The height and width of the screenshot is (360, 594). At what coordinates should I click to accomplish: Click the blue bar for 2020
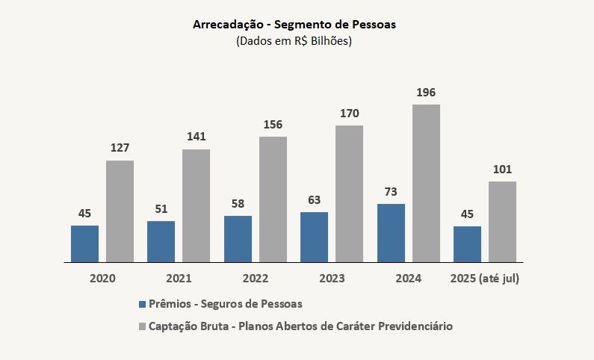tap(84, 243)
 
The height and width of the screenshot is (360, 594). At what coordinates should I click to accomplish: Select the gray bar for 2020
tap(120, 211)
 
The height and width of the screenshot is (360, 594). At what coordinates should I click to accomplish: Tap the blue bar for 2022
tap(238, 239)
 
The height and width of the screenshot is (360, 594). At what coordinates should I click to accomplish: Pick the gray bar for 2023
tap(349, 193)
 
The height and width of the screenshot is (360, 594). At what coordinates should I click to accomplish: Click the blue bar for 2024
tap(391, 233)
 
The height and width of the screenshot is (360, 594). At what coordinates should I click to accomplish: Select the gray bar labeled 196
tap(426, 183)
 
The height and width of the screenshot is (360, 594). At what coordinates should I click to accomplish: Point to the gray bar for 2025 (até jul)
tap(502, 222)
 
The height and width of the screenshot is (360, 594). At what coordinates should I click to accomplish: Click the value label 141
tap(196, 137)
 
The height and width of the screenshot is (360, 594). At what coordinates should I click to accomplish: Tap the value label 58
tap(238, 203)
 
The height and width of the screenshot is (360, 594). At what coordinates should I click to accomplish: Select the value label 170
tap(349, 114)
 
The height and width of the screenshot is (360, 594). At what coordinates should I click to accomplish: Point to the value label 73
tap(391, 191)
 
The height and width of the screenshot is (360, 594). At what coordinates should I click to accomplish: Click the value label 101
tap(502, 169)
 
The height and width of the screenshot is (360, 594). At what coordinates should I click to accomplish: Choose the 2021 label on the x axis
tap(179, 279)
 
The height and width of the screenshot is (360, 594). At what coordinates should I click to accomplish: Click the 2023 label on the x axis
tap(332, 279)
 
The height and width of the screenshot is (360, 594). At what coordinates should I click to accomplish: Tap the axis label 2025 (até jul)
tap(485, 279)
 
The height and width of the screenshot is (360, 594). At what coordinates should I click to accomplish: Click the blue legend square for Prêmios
tap(142, 305)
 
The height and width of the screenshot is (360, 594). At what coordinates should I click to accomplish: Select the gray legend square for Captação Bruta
tap(142, 326)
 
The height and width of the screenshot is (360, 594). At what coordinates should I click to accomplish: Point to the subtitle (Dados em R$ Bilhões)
tap(294, 41)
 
